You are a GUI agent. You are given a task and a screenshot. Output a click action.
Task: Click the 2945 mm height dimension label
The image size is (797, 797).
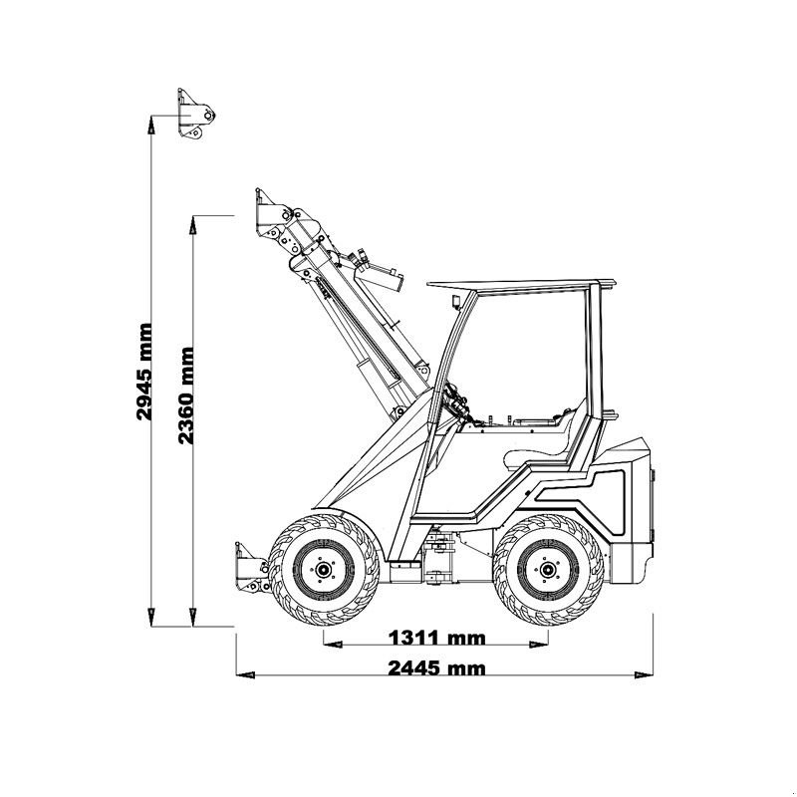click(146, 371)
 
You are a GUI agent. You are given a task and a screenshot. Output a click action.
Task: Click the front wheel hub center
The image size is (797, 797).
click(323, 570)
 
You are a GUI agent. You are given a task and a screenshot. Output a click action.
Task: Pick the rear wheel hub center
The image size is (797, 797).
click(547, 570)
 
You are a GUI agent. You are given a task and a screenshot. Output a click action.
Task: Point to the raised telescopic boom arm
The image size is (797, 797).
click(344, 309)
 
